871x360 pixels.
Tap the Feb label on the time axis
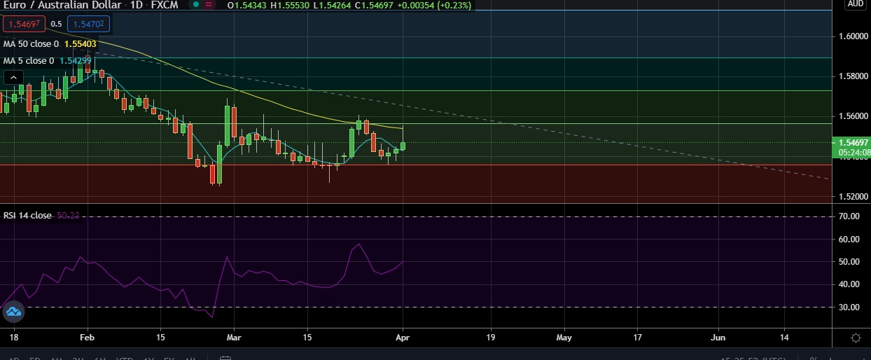pyautogui.click(x=88, y=338)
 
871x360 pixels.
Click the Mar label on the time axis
pyautogui.click(x=232, y=338)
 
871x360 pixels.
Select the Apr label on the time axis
pyautogui.click(x=403, y=338)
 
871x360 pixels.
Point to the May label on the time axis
pyautogui.click(x=564, y=338)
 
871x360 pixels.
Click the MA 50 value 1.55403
pyautogui.click(x=80, y=43)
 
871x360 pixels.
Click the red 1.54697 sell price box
pyautogui.click(x=24, y=25)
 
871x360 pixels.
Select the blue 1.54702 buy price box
pyautogui.click(x=88, y=25)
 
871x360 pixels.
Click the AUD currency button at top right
pyautogui.click(x=855, y=4)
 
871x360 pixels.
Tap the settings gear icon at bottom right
pyautogui.click(x=856, y=338)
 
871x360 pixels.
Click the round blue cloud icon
pyautogui.click(x=14, y=312)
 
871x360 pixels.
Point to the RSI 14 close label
pyautogui.click(x=27, y=216)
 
